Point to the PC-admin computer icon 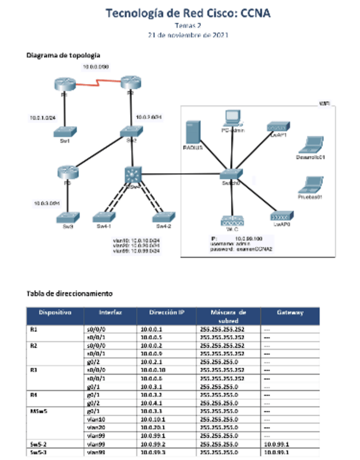[233, 118]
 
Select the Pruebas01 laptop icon [311, 184]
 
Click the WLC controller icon [233, 221]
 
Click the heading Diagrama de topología [63, 55]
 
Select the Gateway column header [290, 312]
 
